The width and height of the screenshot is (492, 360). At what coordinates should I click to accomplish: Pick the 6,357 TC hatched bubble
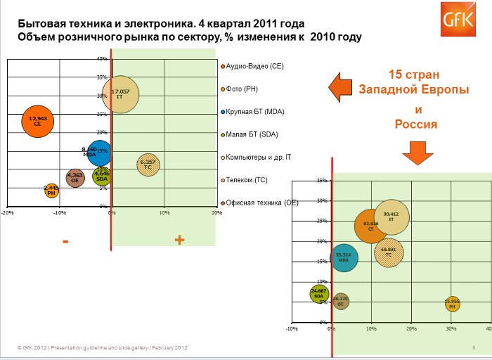(148, 165)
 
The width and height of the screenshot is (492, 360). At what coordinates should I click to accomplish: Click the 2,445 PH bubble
(51, 190)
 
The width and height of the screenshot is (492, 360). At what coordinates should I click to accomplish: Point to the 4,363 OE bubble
(76, 178)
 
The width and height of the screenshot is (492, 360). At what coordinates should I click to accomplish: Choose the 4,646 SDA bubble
(101, 176)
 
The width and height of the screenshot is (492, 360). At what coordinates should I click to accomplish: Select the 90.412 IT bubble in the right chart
(391, 217)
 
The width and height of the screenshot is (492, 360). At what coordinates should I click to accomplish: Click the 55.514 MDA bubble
(344, 257)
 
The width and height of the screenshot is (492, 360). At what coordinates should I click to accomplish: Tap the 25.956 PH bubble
(453, 304)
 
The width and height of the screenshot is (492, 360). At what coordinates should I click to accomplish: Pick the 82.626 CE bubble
(371, 226)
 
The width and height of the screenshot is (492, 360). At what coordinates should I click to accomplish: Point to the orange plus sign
(179, 240)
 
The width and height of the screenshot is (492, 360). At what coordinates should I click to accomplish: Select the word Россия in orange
(416, 124)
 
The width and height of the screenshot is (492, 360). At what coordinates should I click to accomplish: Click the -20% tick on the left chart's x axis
(8, 212)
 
